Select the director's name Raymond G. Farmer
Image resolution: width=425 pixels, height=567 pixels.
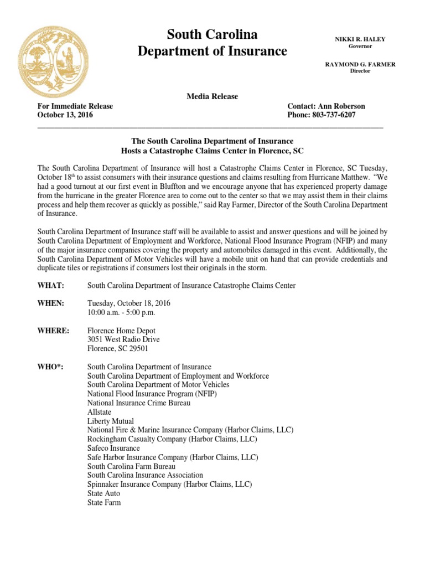pos(360,64)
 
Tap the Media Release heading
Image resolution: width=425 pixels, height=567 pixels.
pos(212,96)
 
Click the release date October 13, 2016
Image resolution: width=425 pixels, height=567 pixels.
pos(65,115)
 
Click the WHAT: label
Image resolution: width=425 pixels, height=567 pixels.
pos(51,286)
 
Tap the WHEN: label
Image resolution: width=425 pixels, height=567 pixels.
pos(51,303)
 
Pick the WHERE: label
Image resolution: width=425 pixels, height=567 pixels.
pos(53,331)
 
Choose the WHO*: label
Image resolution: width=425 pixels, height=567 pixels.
pos(50,367)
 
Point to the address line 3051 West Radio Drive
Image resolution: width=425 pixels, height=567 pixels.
pos(123,340)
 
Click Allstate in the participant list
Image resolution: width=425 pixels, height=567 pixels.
pos(100,413)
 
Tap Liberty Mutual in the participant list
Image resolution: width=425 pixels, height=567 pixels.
pos(111,421)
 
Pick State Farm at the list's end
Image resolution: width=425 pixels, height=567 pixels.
pos(104,503)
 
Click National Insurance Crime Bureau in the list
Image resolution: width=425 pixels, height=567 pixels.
pos(139,403)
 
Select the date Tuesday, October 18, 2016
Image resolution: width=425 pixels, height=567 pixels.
pos(129,303)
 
